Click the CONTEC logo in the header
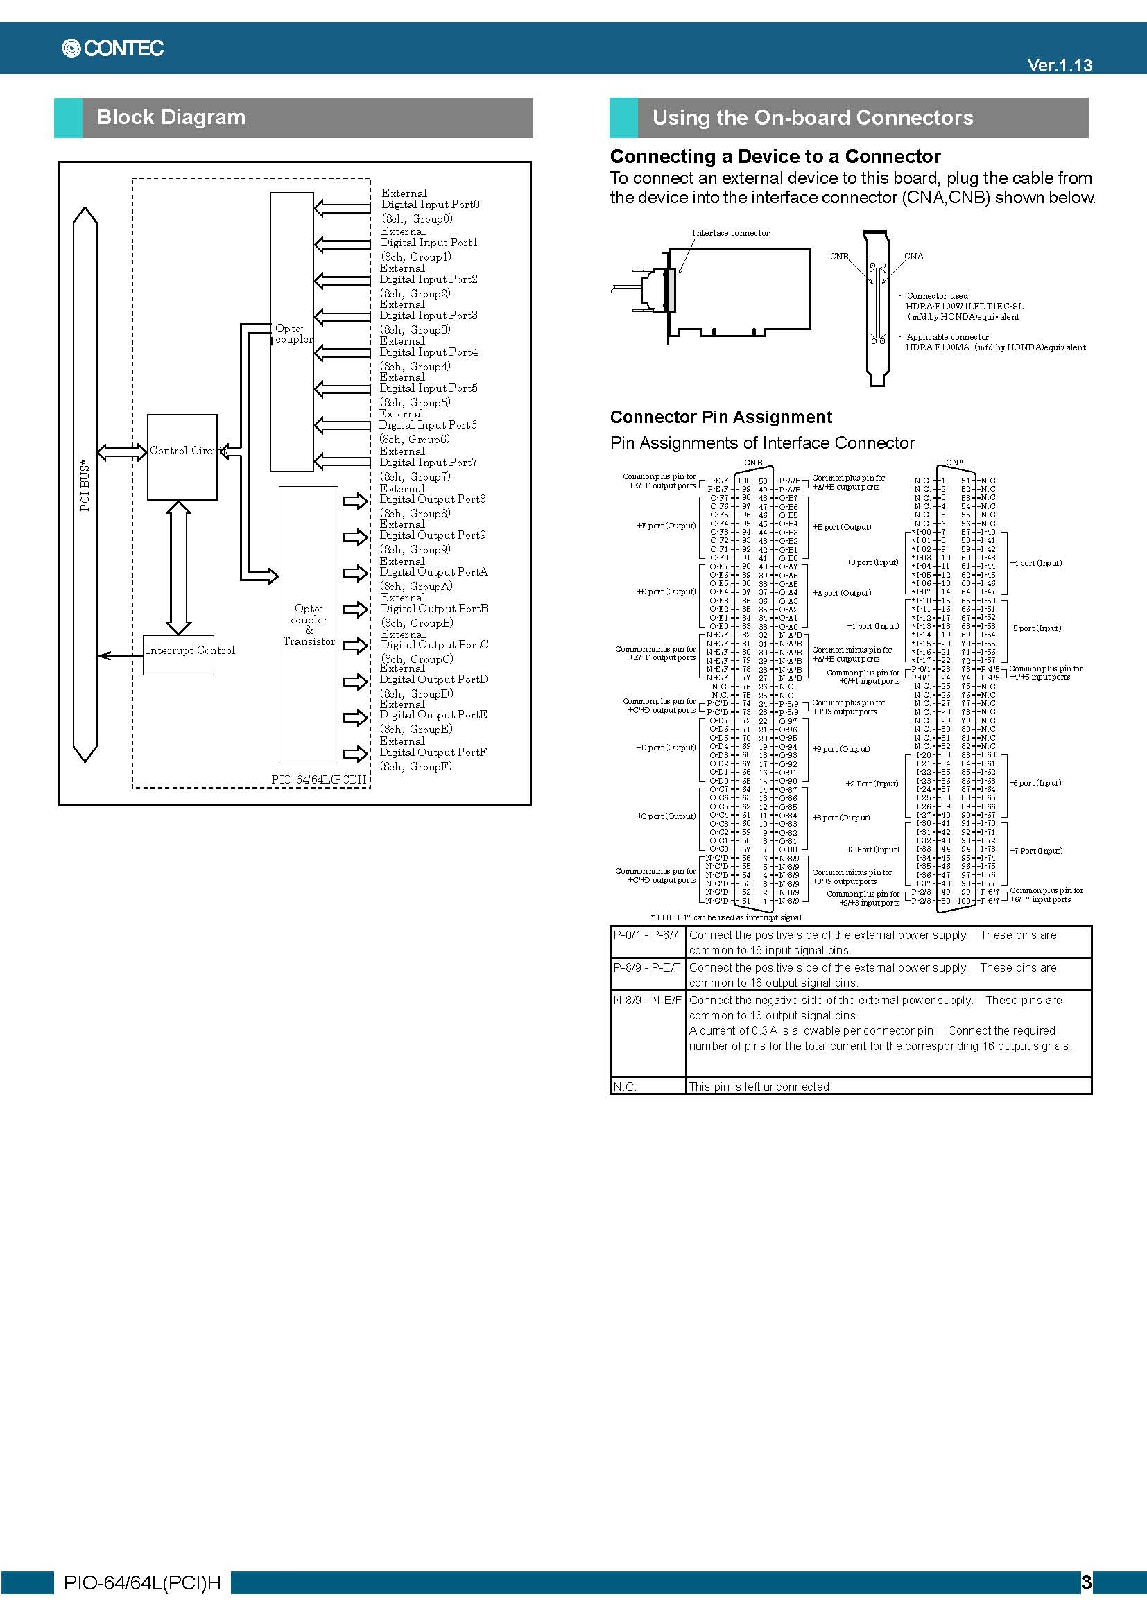[x=113, y=48]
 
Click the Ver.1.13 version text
[x=1059, y=65]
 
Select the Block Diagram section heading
[x=171, y=117]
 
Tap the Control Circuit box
[x=182, y=457]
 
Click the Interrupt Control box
[x=179, y=654]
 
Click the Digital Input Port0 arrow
[x=342, y=208]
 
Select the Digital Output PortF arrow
[x=355, y=754]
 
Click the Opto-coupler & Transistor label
[x=309, y=625]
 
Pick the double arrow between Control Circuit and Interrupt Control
[x=179, y=567]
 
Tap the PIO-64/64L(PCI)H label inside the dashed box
[x=318, y=779]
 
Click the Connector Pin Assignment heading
[x=721, y=417]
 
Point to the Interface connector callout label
[x=730, y=233]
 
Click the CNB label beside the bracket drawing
[x=839, y=257]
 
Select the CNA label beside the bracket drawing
[x=914, y=257]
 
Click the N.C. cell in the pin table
[x=625, y=1087]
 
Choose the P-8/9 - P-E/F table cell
[x=646, y=968]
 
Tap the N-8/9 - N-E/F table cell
[x=647, y=1001]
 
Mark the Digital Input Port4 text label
[x=428, y=352]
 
